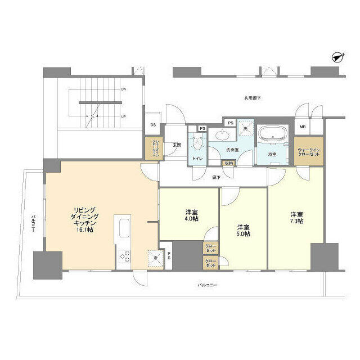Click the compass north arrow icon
tap(337, 57)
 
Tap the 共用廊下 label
tap(253, 98)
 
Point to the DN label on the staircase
tap(124, 89)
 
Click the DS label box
tap(152, 125)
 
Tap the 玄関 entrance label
tap(176, 145)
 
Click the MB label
tap(303, 127)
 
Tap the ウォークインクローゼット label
tap(309, 152)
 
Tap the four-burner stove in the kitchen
tap(123, 256)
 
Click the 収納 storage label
tap(228, 163)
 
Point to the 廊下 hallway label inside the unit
tap(216, 177)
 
